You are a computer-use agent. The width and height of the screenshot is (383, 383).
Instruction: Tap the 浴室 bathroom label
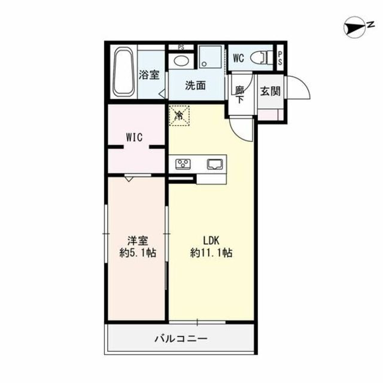[149, 75]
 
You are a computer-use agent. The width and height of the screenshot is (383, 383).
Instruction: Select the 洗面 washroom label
[194, 86]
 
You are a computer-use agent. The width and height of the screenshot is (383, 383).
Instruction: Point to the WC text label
[238, 58]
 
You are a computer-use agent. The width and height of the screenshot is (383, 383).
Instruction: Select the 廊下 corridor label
[239, 95]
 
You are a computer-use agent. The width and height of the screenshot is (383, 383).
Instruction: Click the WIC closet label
[133, 137]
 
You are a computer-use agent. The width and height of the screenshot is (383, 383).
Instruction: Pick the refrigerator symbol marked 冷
[179, 115]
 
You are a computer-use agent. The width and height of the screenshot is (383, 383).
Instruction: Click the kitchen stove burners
[183, 163]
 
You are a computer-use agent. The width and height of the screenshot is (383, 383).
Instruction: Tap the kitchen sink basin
[214, 163]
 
